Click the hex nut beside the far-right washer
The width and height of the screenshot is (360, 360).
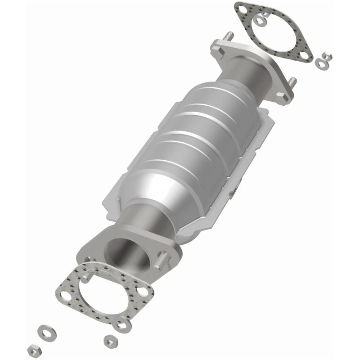tap(328, 57)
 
